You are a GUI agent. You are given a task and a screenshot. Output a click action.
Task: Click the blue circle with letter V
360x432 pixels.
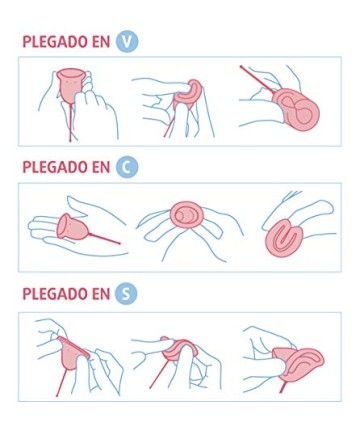[x=127, y=41]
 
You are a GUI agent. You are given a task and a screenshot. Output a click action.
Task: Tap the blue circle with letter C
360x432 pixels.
[x=127, y=167]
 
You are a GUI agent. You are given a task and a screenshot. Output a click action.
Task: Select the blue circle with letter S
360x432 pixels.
[x=126, y=294]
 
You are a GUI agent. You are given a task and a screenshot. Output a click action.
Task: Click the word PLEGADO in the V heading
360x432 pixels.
[x=54, y=42]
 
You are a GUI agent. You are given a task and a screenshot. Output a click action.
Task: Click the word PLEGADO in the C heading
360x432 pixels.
[x=54, y=167]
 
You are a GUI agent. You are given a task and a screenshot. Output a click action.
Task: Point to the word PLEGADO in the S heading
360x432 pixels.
[x=54, y=294]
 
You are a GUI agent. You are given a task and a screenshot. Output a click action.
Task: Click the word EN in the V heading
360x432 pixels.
[x=100, y=42]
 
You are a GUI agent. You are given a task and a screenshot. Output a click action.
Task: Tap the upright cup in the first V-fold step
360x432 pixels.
[x=70, y=85]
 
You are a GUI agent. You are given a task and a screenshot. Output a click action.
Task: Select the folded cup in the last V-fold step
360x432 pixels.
[x=297, y=108]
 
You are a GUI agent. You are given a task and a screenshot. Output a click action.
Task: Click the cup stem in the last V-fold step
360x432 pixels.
[x=257, y=79]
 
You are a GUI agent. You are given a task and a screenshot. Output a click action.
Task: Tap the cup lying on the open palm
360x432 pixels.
[x=72, y=227]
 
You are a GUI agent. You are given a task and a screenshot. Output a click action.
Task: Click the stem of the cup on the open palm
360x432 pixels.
[x=104, y=238]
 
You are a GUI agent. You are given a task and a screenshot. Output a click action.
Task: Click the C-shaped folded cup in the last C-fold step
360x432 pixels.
[x=283, y=238]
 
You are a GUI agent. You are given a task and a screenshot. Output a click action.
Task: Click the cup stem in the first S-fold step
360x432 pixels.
[x=62, y=382]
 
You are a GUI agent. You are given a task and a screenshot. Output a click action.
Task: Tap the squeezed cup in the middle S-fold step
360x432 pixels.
[x=178, y=349]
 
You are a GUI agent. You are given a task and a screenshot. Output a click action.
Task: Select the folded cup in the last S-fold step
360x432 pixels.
[x=298, y=364]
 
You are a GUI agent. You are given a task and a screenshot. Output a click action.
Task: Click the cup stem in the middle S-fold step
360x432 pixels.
[x=159, y=373]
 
